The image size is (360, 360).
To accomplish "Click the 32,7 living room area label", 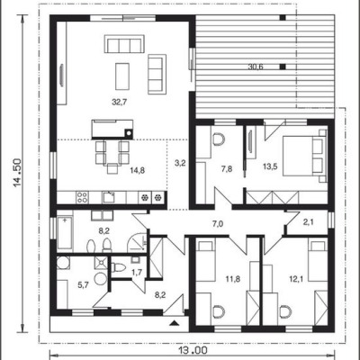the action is click(x=120, y=103).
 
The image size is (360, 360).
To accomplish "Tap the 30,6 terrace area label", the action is click(x=256, y=67).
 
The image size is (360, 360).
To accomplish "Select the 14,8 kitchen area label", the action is click(x=138, y=170).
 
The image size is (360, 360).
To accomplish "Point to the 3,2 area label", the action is click(x=180, y=163).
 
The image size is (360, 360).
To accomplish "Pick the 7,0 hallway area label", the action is click(x=218, y=223).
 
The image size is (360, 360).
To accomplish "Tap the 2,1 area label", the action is click(x=308, y=222).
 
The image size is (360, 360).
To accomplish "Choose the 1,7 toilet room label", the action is click(x=137, y=272).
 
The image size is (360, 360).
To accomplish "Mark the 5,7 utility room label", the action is click(x=84, y=285).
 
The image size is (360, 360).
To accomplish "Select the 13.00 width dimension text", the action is click(x=193, y=350).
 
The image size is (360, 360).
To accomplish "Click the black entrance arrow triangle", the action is click(x=174, y=323).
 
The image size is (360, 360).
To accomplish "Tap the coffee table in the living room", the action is click(x=122, y=76).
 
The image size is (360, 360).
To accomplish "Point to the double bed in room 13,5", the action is click(x=304, y=156).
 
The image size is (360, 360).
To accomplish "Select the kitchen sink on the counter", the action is click(x=109, y=197).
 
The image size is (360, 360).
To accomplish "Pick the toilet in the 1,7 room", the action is click(x=120, y=267).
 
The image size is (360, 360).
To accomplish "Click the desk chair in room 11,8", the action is click(x=219, y=311).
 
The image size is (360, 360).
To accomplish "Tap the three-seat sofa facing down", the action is click(x=124, y=44).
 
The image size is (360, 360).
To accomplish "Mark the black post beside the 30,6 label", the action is click(x=283, y=67).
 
